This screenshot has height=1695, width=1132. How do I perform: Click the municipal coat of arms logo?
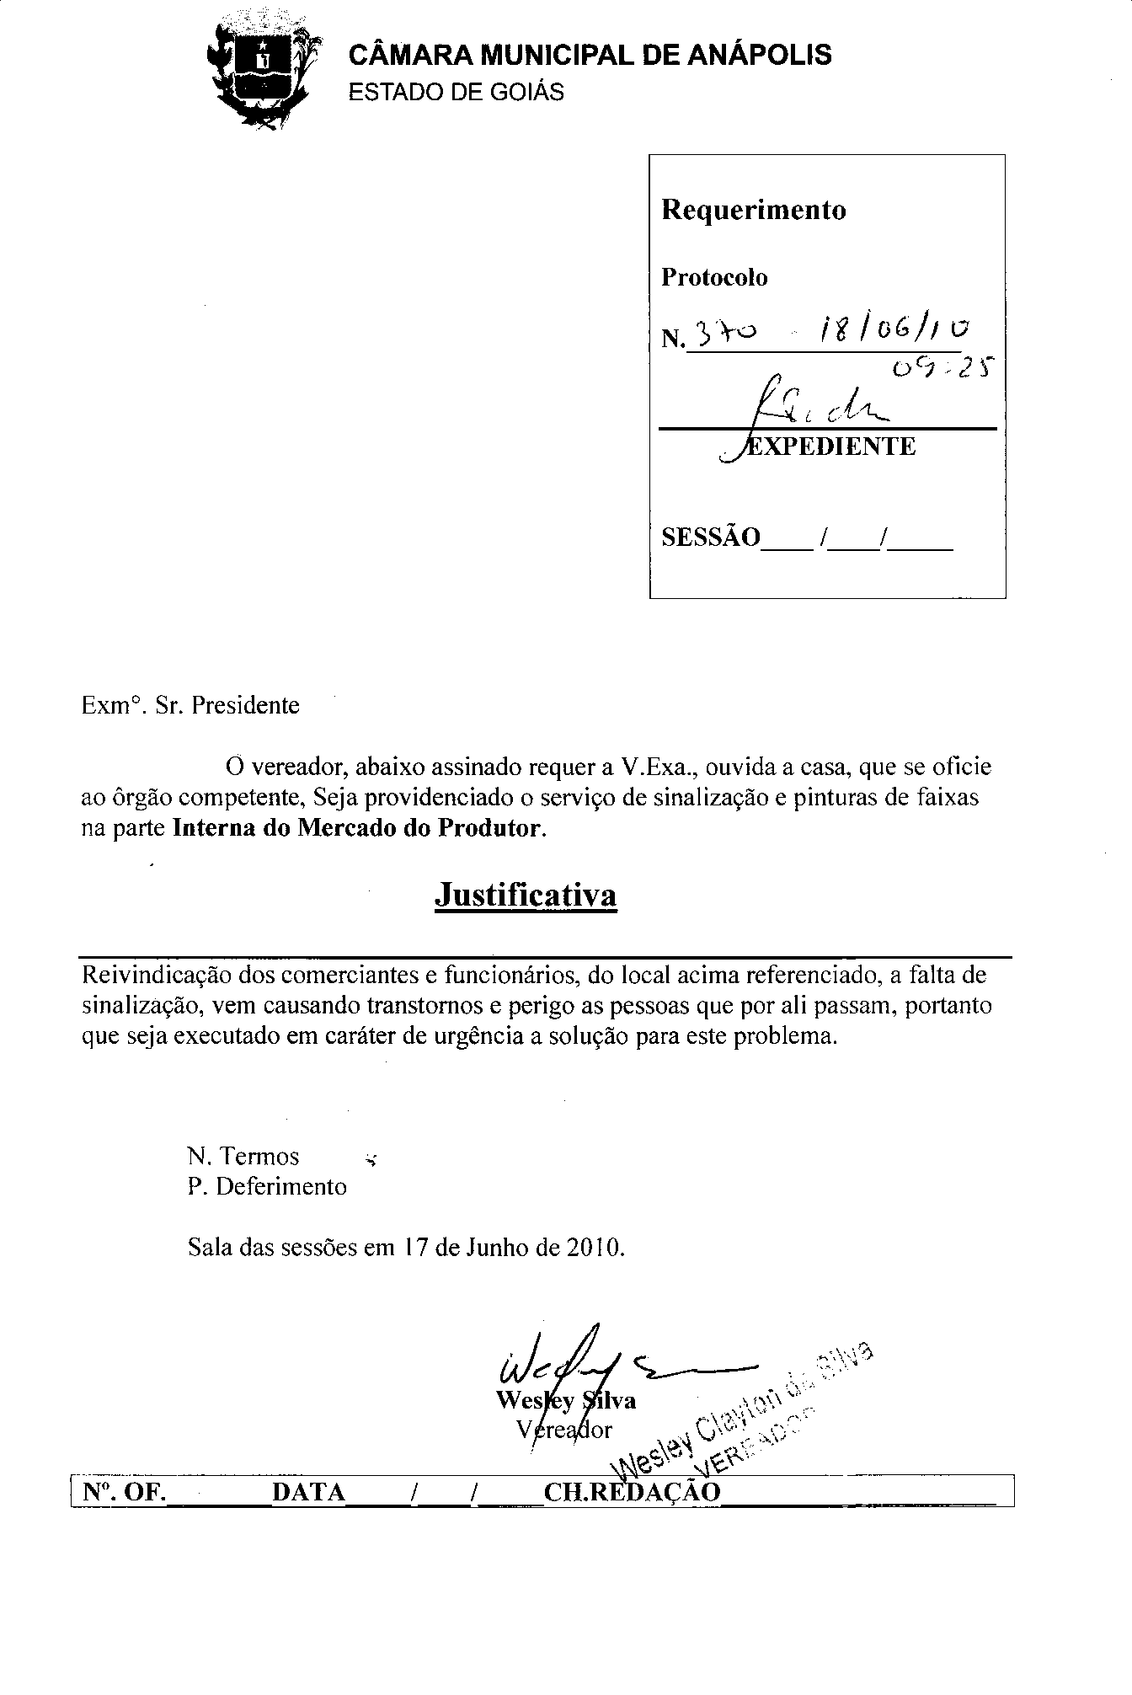[x=262, y=72]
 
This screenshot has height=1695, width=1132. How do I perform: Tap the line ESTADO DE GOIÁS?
[x=456, y=92]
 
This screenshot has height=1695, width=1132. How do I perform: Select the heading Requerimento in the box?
[x=753, y=209]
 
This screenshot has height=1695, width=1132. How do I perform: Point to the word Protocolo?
[x=714, y=277]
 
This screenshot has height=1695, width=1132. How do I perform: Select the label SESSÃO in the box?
[x=710, y=537]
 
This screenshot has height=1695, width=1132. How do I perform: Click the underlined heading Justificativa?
[x=526, y=895]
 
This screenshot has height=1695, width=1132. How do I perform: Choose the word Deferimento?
[x=281, y=1186]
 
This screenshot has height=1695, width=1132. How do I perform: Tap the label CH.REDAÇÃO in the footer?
[x=633, y=1492]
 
